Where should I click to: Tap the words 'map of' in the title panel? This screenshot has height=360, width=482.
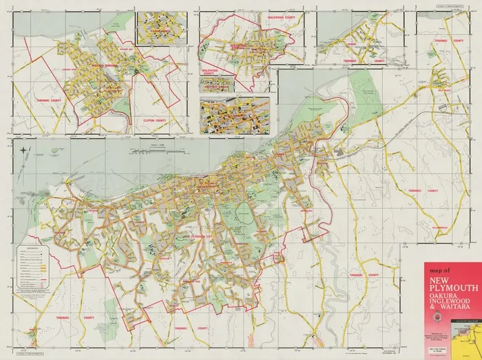(439, 271)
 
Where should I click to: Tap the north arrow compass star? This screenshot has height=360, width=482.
(24, 150)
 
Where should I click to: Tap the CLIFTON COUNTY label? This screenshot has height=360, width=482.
(155, 121)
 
